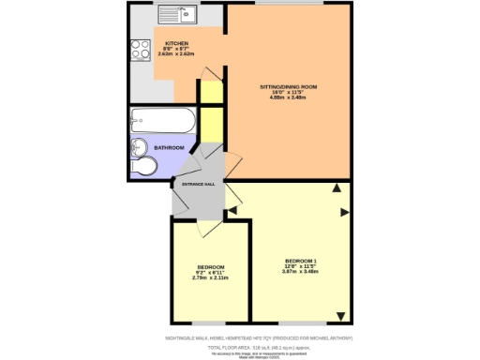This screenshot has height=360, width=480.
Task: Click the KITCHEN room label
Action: click(177, 44)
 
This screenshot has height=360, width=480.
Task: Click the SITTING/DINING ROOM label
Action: click(289, 86)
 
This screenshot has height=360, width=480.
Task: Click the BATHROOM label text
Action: click(169, 148)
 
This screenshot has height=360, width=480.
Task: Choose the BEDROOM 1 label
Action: click(301, 259)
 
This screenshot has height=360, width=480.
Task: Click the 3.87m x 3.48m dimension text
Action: click(301, 272)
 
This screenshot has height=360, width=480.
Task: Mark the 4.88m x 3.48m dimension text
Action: click(289, 98)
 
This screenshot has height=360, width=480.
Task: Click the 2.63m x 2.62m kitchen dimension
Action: click(177, 56)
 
